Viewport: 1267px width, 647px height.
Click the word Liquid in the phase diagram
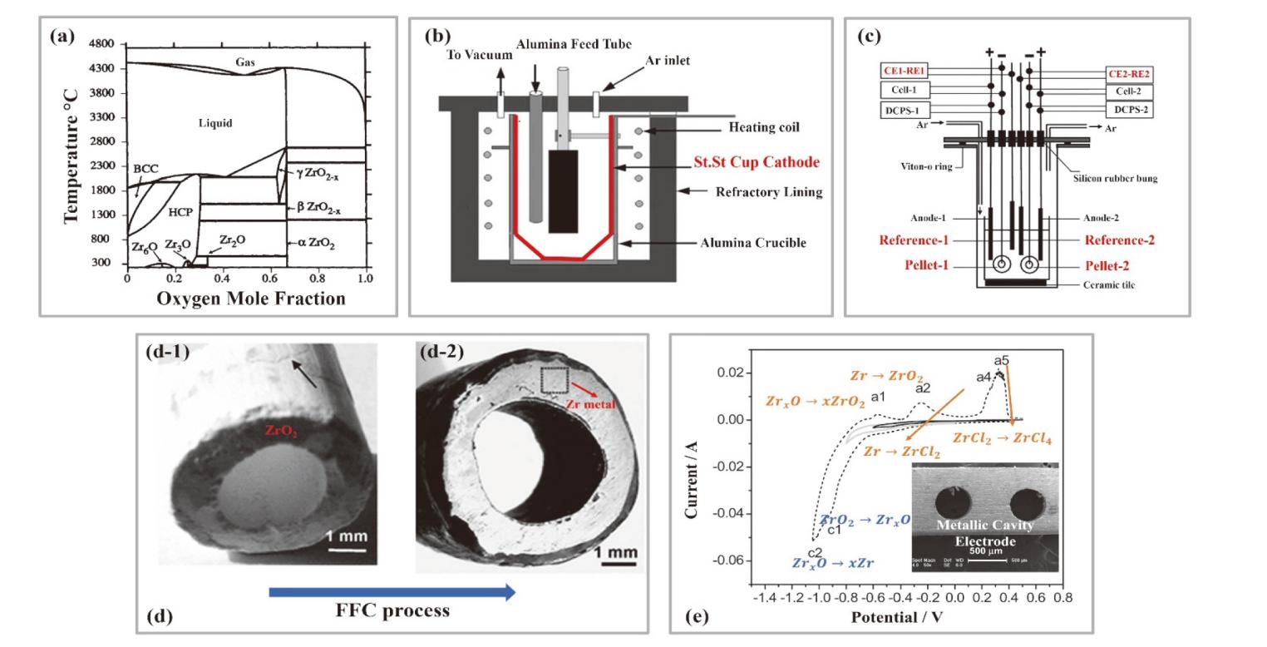tap(215, 123)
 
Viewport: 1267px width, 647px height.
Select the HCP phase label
tap(180, 213)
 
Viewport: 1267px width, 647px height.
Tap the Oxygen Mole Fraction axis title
tap(250, 298)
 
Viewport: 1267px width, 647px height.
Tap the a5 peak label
tap(1001, 361)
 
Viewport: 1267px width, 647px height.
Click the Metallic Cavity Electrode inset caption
tap(985, 532)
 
